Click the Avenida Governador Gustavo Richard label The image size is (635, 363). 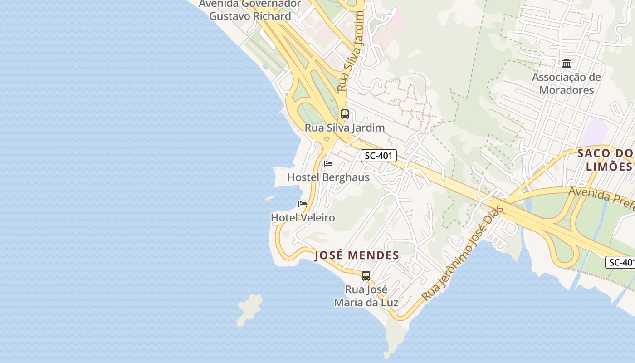250,10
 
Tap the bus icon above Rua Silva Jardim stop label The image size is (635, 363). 345,114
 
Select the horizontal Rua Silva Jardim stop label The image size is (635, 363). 345,128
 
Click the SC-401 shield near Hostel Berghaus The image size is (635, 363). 379,156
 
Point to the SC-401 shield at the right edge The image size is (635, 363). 620,262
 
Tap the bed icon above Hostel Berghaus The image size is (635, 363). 328,164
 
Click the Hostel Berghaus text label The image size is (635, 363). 328,177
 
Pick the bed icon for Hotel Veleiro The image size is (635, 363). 303,204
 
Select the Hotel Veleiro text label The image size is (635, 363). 303,218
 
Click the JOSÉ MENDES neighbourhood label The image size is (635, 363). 357,255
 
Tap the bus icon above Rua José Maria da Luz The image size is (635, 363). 366,275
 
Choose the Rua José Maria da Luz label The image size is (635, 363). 366,296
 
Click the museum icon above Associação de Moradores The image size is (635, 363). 567,64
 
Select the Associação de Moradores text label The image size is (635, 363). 567,83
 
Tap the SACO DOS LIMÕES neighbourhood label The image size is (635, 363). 606,160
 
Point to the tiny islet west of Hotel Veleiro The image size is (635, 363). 270,198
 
